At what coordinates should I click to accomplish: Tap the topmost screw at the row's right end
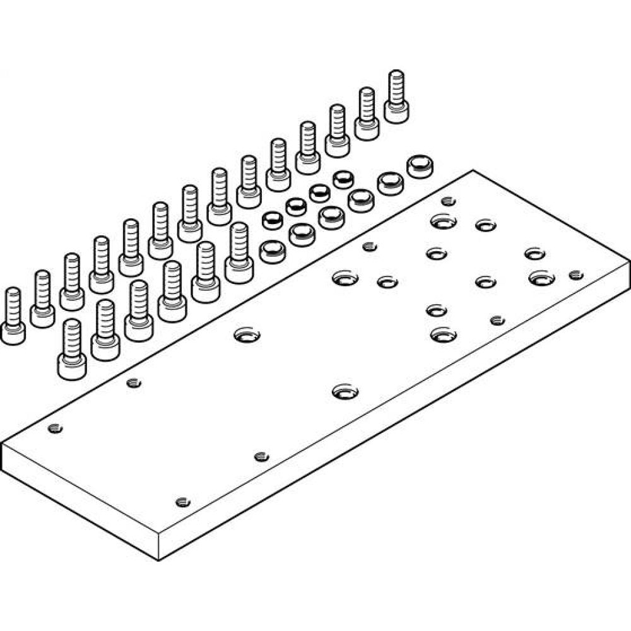tap(396, 97)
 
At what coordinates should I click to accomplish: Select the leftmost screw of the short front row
tap(72, 350)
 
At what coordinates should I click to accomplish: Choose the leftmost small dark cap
tap(271, 220)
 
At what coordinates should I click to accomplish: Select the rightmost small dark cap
tap(343, 179)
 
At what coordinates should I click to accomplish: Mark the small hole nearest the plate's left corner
tap(56, 428)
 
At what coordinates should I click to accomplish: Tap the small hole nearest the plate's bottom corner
tap(182, 502)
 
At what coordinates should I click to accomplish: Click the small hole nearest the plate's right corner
tap(575, 274)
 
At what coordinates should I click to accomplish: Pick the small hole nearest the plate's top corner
tap(448, 201)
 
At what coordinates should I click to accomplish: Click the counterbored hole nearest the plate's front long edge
tap(344, 392)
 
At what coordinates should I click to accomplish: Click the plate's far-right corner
tap(629, 261)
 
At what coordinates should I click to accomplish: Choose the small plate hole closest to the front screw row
tap(133, 382)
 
